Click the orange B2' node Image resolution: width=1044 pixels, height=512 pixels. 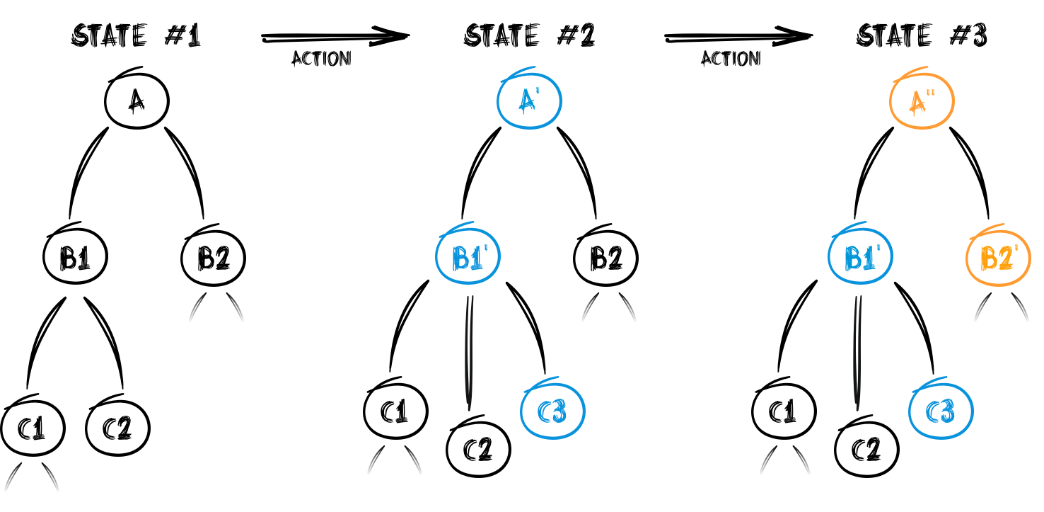tap(998, 259)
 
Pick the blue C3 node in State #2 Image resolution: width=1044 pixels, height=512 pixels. tap(552, 411)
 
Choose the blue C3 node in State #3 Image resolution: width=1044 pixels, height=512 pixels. tap(941, 411)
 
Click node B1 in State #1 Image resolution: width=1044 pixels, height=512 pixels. tap(75, 259)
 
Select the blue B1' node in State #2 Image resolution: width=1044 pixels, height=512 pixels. tap(468, 259)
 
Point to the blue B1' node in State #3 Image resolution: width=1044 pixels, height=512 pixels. tap(860, 259)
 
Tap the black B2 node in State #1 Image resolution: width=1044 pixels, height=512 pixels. tap(213, 259)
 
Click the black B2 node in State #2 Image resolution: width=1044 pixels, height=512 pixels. tap(605, 259)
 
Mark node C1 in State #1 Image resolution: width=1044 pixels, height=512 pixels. tap(33, 428)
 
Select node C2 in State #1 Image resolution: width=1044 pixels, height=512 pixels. tap(117, 428)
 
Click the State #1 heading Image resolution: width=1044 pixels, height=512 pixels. tap(137, 36)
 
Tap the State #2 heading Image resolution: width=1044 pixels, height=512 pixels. tap(529, 36)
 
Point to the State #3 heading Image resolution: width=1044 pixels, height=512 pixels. tap(922, 36)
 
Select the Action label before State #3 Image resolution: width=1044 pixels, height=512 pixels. tap(731, 59)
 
